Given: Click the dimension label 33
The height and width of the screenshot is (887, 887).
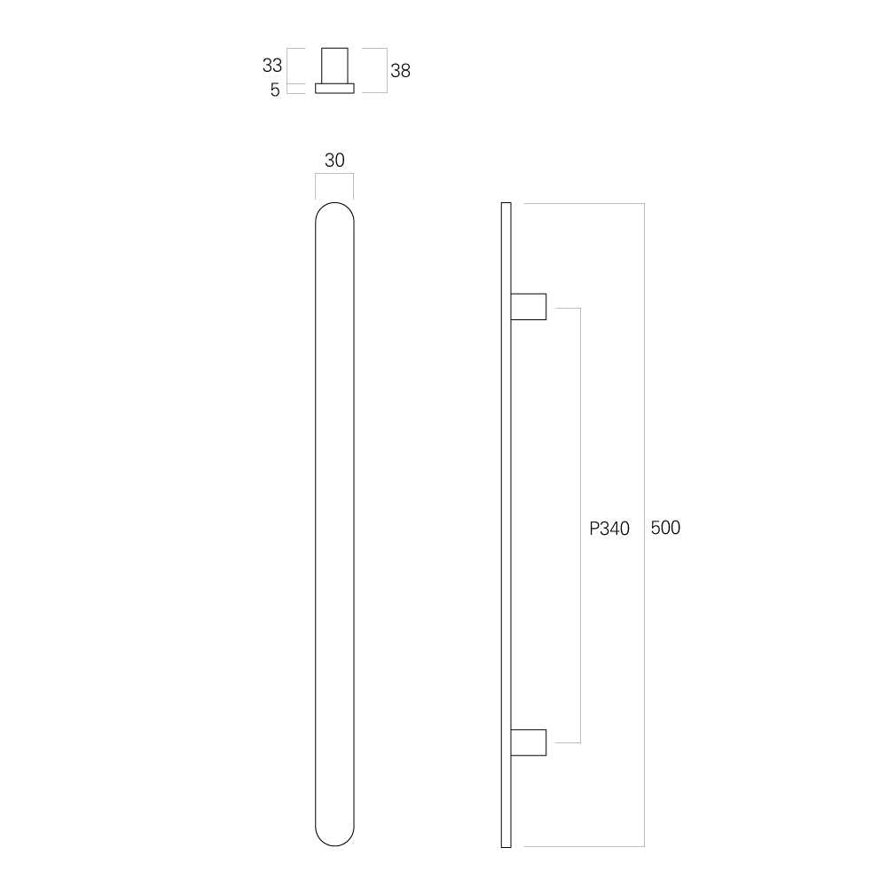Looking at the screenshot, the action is (x=272, y=66).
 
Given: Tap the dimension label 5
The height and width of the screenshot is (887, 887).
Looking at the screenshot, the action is (x=275, y=90).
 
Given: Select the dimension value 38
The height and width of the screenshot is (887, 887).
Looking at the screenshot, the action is (x=401, y=71).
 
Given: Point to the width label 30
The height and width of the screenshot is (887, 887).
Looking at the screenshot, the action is (x=334, y=160).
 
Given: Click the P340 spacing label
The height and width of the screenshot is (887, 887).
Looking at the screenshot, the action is (x=609, y=529).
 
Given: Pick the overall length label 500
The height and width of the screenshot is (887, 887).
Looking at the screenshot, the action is (x=665, y=528).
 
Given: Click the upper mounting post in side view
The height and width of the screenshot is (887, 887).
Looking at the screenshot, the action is (x=529, y=307).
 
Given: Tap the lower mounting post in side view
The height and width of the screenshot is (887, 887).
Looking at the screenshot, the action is (x=529, y=742).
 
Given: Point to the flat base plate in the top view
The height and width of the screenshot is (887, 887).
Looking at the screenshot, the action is (x=334, y=88).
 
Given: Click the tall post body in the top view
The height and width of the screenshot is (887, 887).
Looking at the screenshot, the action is (x=334, y=66).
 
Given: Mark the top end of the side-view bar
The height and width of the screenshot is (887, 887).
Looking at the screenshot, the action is (x=506, y=203).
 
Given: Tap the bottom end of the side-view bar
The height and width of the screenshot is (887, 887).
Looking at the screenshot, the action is (x=506, y=847).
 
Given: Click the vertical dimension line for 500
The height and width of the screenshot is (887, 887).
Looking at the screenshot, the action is (x=644, y=525).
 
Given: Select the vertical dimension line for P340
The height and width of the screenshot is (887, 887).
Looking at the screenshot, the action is (x=580, y=525).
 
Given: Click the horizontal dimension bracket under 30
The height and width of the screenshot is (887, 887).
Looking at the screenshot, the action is (x=334, y=174).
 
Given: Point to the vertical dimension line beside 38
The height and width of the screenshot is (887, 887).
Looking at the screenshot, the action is (x=387, y=70).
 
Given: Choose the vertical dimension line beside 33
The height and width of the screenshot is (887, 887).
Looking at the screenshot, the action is (x=287, y=67).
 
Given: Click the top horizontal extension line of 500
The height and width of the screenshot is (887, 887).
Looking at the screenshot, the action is (x=584, y=203).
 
